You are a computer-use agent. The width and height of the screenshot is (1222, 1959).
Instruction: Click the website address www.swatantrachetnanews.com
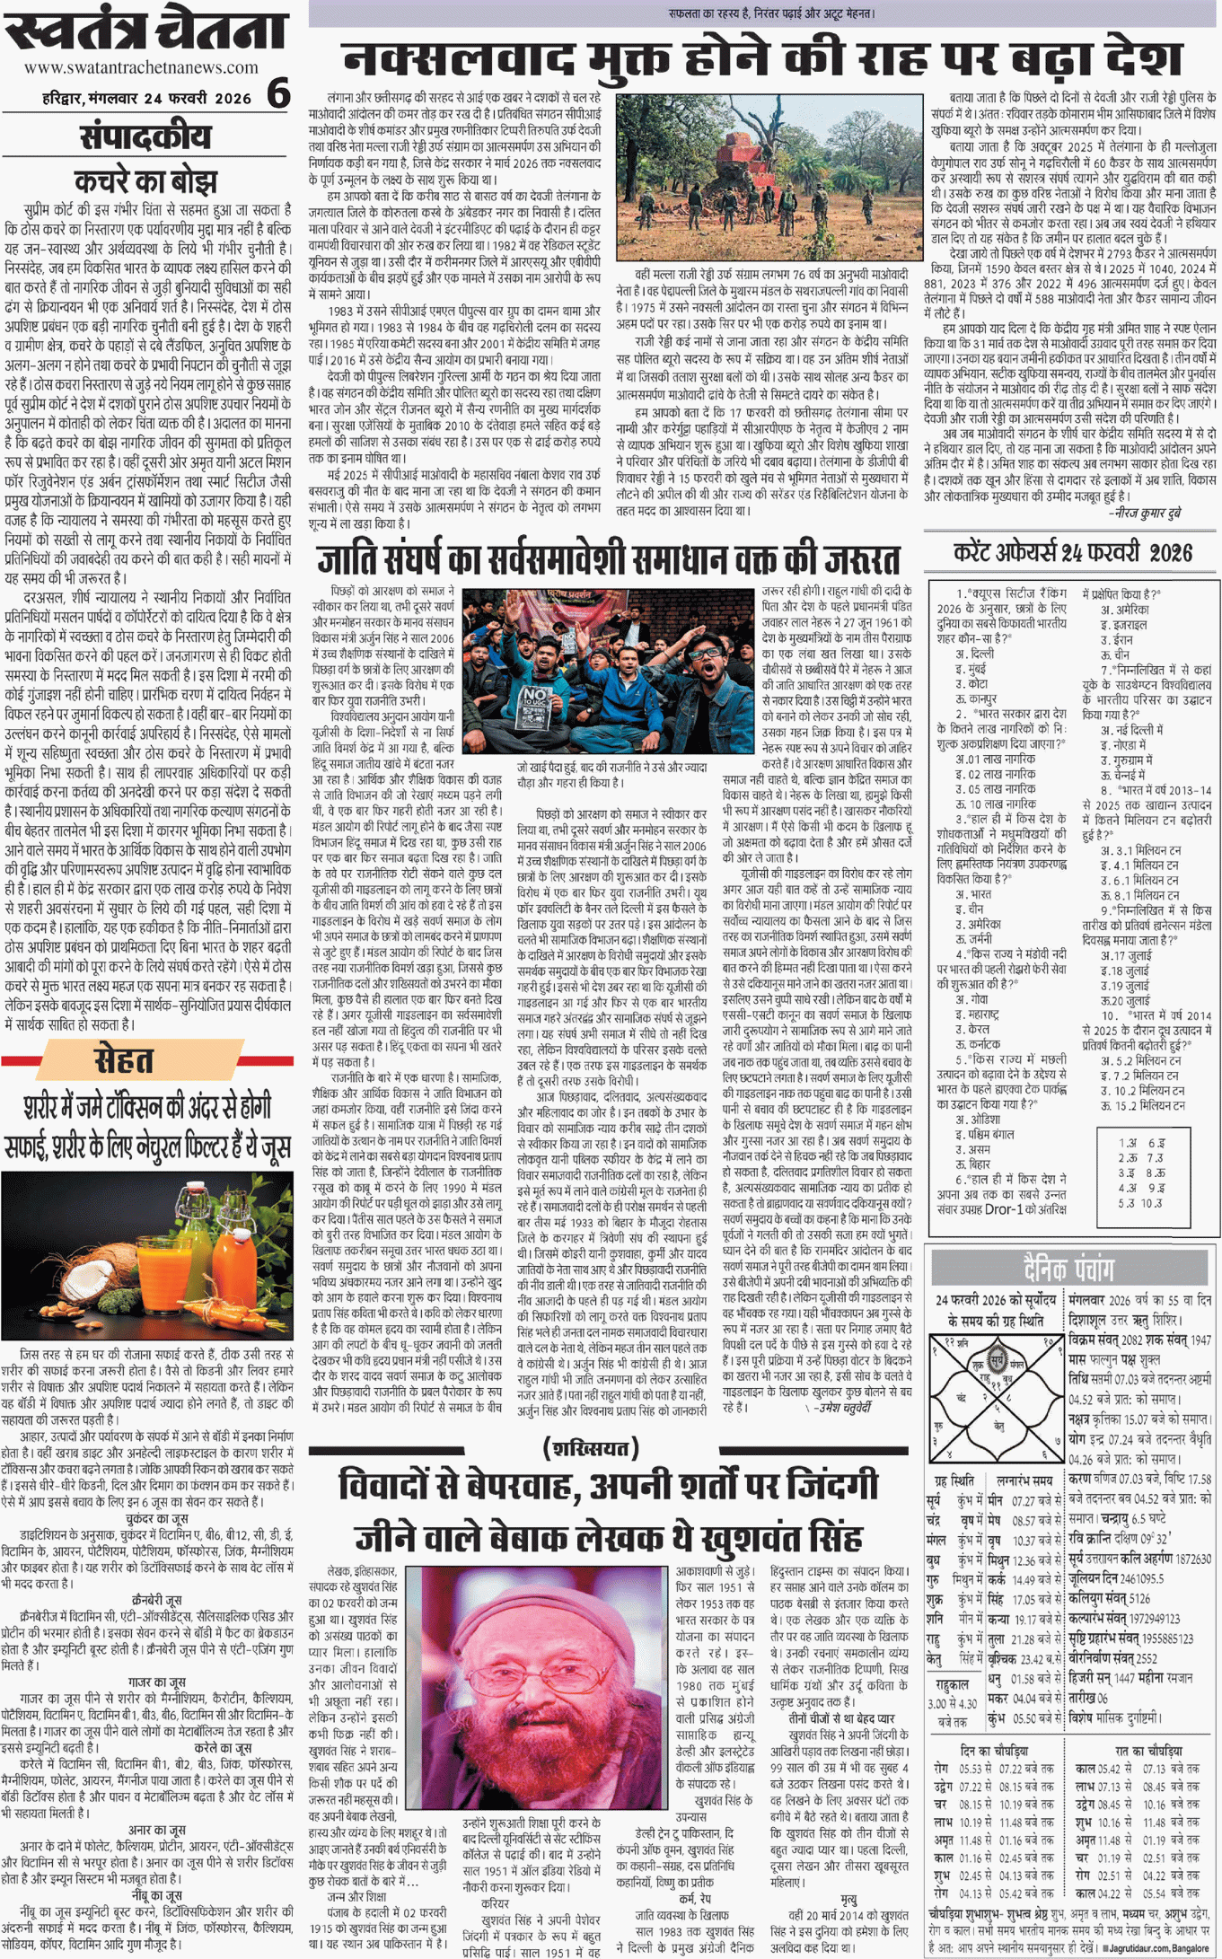(x=141, y=67)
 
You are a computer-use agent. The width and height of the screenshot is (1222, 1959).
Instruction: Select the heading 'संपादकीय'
(x=145, y=137)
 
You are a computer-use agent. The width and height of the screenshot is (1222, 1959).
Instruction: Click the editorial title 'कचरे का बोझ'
(x=145, y=180)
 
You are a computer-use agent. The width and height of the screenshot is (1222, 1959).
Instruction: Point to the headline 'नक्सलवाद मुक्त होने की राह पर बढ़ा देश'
(x=763, y=60)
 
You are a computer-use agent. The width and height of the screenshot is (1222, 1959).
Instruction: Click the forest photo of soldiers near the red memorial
(x=769, y=177)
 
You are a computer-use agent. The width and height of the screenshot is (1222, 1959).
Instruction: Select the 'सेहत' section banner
(x=124, y=1061)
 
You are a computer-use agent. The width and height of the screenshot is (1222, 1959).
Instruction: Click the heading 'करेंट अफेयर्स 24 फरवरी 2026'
(x=1072, y=552)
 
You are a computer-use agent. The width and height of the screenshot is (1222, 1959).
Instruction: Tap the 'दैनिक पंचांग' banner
(x=1068, y=1268)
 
